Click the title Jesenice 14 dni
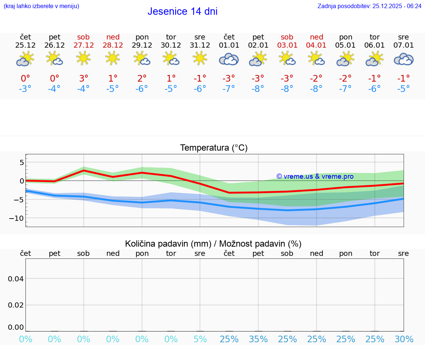(182, 11)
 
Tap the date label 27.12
(83, 45)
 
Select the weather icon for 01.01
(229, 59)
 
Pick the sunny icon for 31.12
(200, 58)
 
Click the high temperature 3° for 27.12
(84, 79)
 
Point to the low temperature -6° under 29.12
(142, 89)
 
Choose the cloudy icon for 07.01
(404, 59)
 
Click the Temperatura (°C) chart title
(214, 148)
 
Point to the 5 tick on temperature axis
(21, 162)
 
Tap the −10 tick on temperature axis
(16, 218)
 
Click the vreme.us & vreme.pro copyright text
(315, 176)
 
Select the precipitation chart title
(213, 244)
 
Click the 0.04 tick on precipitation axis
(16, 279)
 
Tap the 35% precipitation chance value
(258, 339)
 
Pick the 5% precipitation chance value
(200, 339)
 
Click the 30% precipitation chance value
(404, 339)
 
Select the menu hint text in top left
(41, 6)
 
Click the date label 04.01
(317, 45)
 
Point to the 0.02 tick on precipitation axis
(16, 305)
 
